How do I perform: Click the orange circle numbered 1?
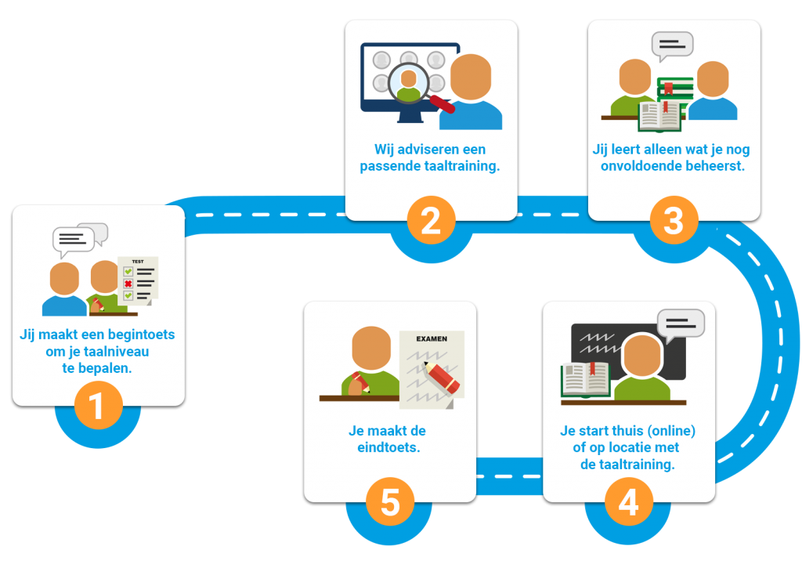98,407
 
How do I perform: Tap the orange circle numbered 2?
431,221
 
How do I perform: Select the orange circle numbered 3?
674,221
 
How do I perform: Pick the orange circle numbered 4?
628,502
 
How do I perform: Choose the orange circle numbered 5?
389,502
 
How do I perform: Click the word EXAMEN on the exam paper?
432,339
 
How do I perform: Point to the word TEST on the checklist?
138,262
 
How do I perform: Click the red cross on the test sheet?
128,284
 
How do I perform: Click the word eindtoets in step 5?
385,448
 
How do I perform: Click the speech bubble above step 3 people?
672,45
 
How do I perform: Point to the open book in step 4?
585,379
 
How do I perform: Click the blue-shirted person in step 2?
471,94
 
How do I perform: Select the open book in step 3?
659,116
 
